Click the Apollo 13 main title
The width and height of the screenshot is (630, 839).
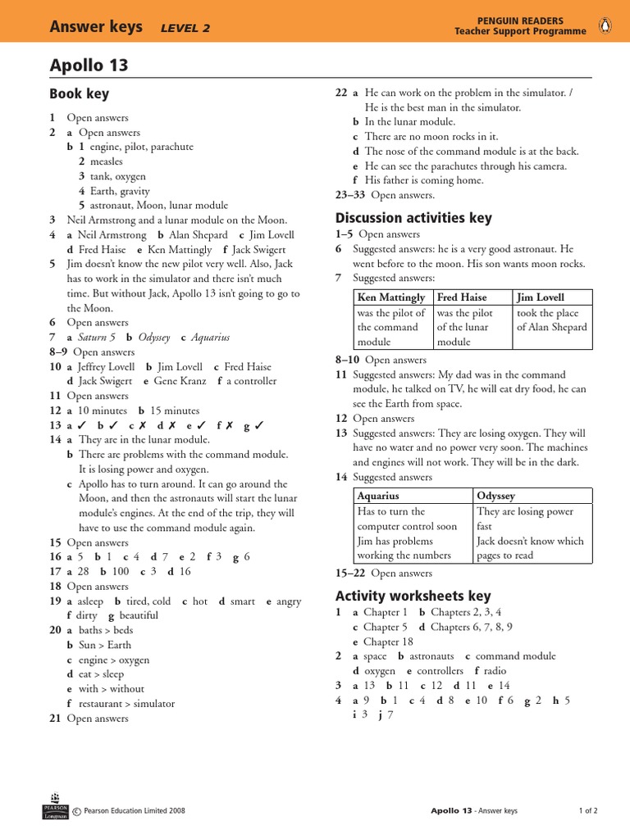point(89,66)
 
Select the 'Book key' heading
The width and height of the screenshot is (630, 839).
point(79,94)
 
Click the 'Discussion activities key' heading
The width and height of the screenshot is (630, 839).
point(413,218)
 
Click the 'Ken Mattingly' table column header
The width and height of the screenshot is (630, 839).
point(391,297)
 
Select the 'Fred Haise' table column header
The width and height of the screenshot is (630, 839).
point(462,297)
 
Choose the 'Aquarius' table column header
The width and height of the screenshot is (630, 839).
point(378,496)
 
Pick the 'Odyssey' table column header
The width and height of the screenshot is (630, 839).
point(495,496)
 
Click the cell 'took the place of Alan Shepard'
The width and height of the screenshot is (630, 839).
point(551,320)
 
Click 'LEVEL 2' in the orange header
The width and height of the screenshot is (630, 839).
point(185,28)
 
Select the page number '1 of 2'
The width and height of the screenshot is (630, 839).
point(588,811)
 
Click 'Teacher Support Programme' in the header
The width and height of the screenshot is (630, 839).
point(520,32)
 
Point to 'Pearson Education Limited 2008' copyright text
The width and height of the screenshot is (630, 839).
point(135,811)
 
